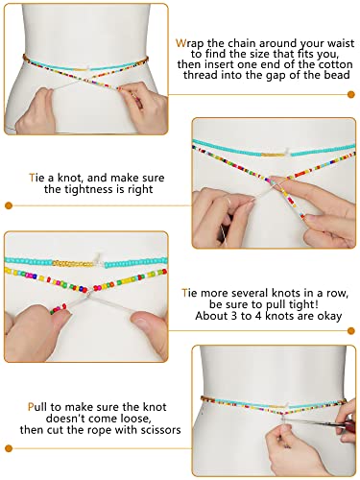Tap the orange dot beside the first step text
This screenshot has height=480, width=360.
click(351, 93)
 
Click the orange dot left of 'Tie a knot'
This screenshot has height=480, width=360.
click(9, 204)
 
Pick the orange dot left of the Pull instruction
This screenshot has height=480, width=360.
click(9, 447)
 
